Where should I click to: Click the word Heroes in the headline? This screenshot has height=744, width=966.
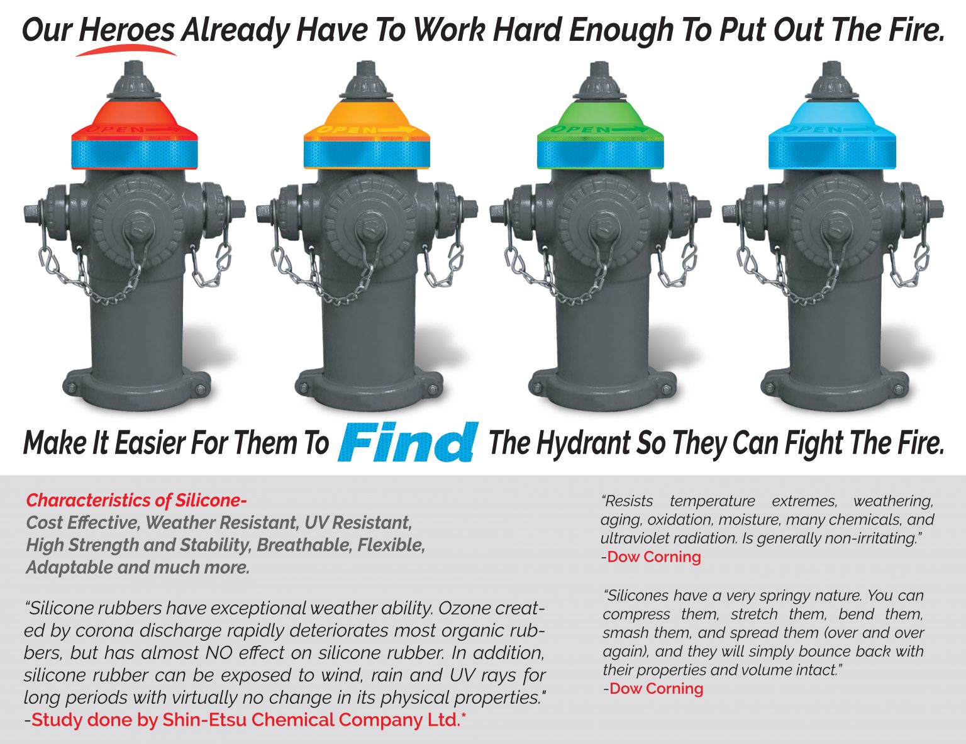pos(126,30)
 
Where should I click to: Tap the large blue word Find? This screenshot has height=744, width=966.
pos(408,443)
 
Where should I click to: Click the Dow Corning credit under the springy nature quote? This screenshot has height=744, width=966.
pos(656,689)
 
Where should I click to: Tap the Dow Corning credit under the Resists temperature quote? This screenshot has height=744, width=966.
pos(653,557)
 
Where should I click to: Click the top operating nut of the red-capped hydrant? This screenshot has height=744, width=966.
pos(135,68)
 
